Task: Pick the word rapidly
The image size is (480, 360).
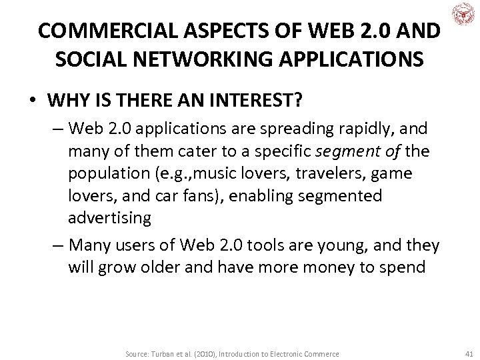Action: [349, 128]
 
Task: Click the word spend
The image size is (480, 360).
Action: [404, 267]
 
